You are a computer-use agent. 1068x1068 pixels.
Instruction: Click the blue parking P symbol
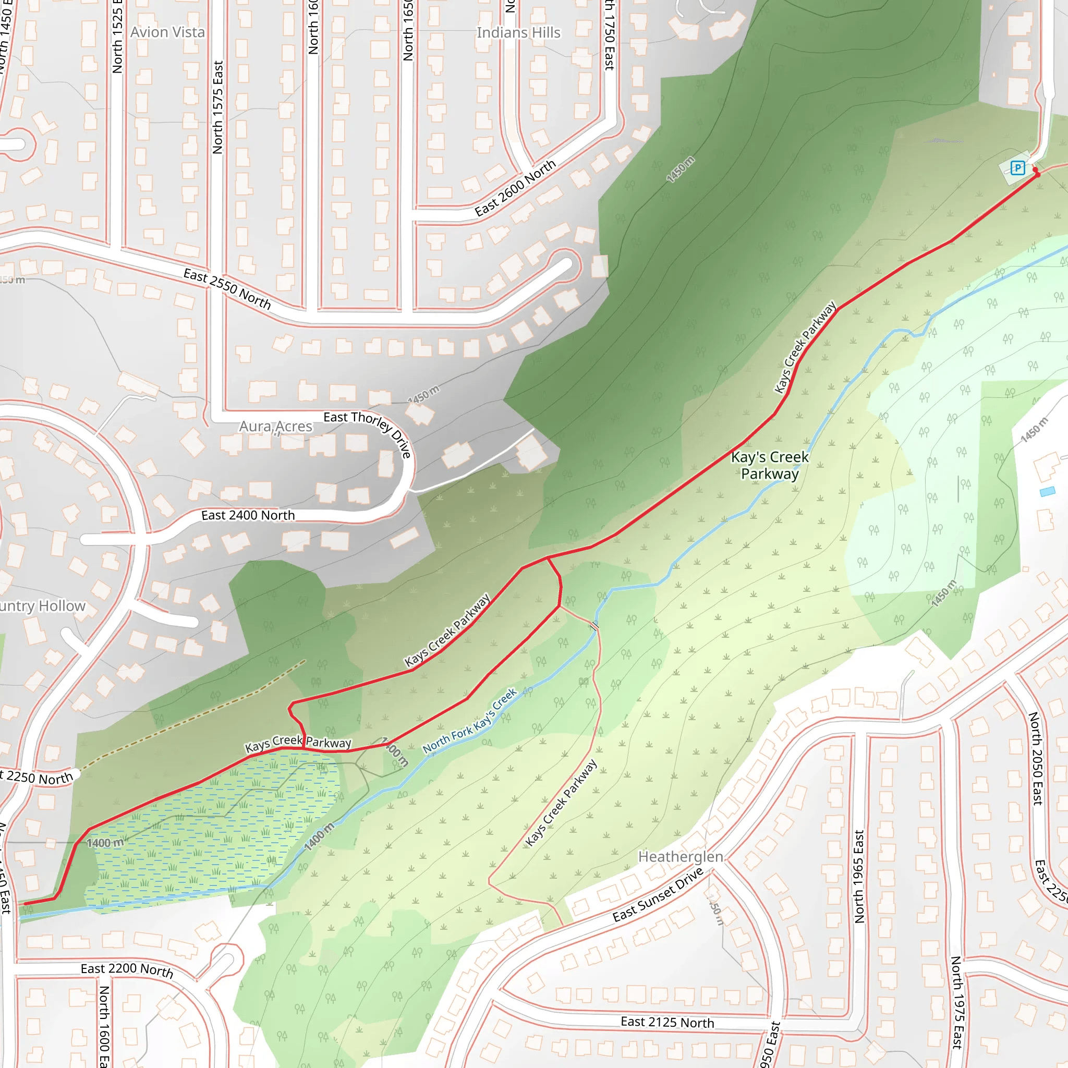point(1018,167)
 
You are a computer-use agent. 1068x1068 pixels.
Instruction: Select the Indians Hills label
point(518,33)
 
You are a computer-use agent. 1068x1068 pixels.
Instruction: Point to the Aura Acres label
point(276,427)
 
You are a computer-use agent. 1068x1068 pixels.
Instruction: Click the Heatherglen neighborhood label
point(681,857)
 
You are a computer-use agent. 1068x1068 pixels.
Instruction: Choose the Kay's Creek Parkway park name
point(770,466)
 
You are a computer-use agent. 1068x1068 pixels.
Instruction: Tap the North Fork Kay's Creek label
point(470,721)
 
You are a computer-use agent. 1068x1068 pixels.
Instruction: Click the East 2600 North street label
point(515,188)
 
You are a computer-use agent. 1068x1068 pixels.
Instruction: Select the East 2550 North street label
point(227,289)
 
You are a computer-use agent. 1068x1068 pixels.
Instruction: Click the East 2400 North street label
point(248,515)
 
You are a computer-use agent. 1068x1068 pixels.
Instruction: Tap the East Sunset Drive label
point(658,894)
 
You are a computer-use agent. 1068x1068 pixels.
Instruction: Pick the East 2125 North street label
point(667,1022)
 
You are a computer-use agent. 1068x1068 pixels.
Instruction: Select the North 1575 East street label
point(218,107)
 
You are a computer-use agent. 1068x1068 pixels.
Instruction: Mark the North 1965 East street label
point(859,876)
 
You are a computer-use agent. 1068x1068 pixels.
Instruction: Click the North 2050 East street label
point(1035,758)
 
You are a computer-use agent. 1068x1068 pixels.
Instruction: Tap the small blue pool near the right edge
point(1047,491)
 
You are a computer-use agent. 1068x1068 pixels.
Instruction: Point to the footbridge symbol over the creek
point(593,626)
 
